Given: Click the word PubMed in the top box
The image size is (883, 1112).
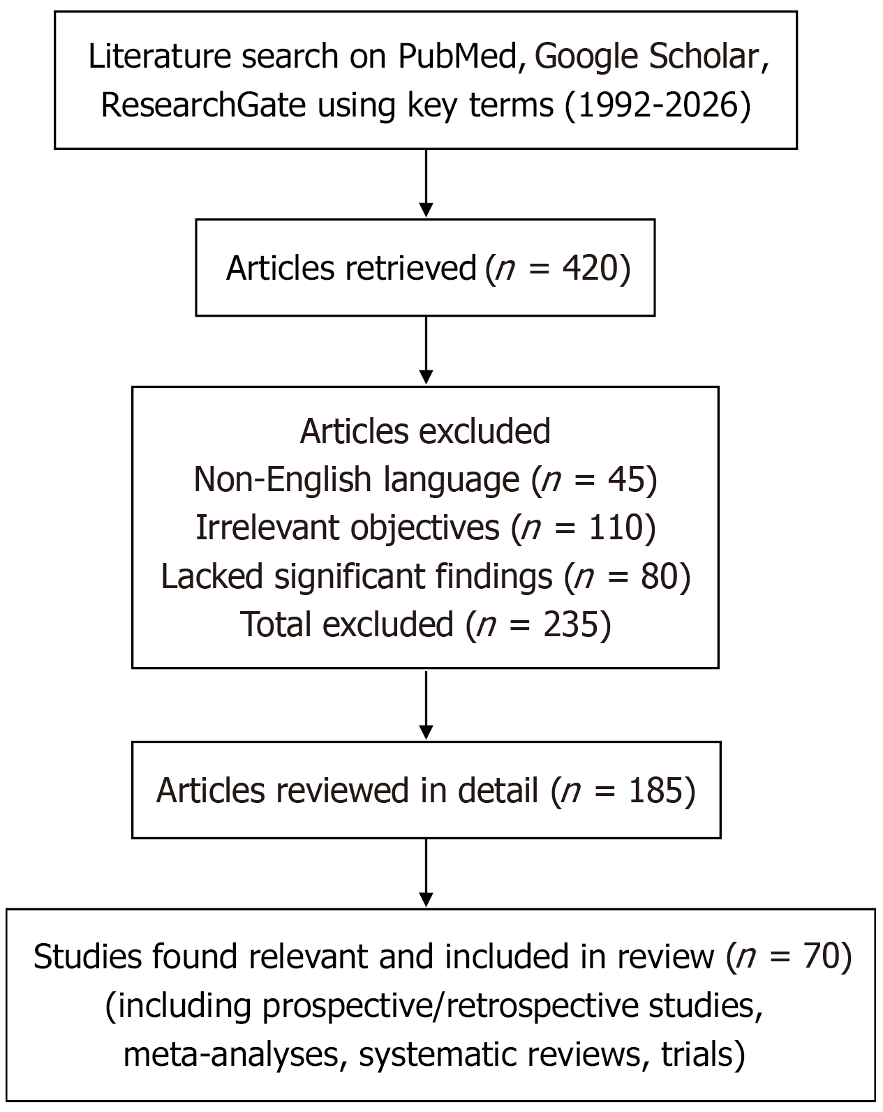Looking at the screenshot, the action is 457,56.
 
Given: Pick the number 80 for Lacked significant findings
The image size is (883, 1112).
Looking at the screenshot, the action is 659,576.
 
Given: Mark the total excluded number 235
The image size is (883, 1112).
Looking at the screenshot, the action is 570,624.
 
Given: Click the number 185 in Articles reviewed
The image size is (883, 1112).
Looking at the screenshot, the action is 655,790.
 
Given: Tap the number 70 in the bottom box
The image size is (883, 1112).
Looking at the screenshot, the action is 822,956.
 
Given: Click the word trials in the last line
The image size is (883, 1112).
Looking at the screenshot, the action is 697,1053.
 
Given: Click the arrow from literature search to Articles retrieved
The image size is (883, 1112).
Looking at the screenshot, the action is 426,183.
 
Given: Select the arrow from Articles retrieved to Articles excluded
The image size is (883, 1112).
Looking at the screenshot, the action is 426,350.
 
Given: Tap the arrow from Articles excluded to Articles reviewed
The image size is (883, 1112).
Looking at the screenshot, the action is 426,705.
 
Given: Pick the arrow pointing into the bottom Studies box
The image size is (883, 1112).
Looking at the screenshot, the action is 426,873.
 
